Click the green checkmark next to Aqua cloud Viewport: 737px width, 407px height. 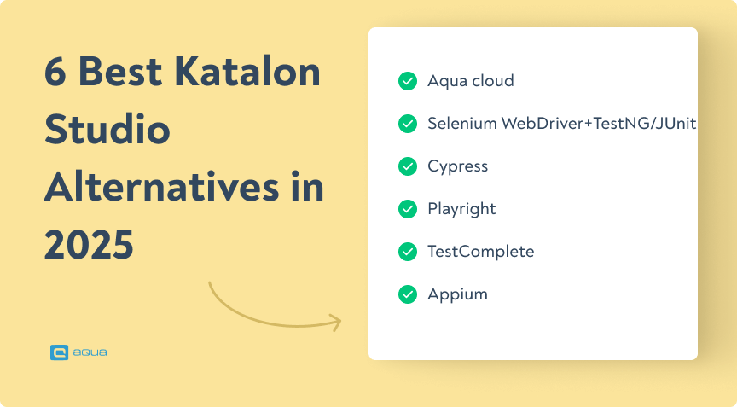(x=407, y=81)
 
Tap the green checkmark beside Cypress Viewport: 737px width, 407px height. (x=407, y=166)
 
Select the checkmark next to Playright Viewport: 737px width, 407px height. (x=407, y=209)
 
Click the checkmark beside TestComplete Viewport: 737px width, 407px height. (x=407, y=252)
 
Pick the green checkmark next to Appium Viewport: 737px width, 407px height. (x=407, y=294)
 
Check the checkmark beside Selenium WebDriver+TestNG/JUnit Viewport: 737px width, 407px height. (x=407, y=124)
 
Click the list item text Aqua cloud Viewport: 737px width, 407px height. (x=470, y=81)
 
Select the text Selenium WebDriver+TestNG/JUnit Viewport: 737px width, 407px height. (x=561, y=124)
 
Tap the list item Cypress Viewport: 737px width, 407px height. (x=457, y=166)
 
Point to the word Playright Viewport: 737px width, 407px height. (x=461, y=209)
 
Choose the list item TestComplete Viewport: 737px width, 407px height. (x=480, y=252)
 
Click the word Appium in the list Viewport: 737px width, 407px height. (x=457, y=294)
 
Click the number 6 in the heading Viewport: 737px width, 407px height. (x=56, y=75)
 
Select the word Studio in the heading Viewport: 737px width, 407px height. (x=107, y=131)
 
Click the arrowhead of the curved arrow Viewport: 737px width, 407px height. (x=335, y=323)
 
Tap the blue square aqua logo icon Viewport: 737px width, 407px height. (x=59, y=352)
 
